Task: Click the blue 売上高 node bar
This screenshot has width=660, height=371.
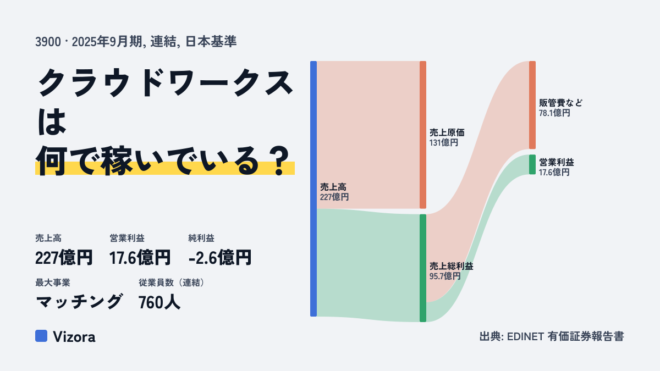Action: (313, 189)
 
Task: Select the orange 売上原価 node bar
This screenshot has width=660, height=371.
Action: (423, 135)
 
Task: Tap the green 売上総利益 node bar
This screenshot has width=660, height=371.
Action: (423, 268)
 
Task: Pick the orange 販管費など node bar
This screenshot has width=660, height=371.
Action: (532, 105)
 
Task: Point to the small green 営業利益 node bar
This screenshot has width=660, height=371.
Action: (532, 164)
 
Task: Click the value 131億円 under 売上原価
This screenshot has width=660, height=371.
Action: (444, 143)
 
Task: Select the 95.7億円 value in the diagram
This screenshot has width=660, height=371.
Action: (445, 276)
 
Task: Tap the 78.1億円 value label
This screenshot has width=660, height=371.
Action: (554, 113)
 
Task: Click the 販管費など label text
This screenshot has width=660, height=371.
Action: (560, 103)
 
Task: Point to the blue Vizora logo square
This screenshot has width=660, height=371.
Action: (41, 336)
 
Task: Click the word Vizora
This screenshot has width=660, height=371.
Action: (74, 337)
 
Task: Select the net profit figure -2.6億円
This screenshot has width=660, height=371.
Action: (220, 258)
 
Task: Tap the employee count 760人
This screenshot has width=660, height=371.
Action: (159, 302)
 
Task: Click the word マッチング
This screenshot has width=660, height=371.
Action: (78, 302)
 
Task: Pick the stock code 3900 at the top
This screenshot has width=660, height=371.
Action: (48, 42)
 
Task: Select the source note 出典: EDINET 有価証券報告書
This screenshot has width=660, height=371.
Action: (552, 336)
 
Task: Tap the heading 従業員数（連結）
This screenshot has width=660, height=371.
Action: (172, 283)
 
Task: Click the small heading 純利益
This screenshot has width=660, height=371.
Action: (201, 238)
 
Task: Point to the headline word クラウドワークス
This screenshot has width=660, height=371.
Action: (166, 83)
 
